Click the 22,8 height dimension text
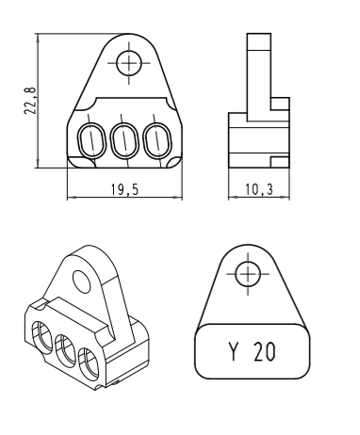point(30,101)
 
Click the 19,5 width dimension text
point(124,189)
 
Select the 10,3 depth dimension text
point(259,189)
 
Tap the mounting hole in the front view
point(129,63)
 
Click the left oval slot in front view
point(92,140)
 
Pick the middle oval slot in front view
point(124,140)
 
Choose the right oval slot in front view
point(157,140)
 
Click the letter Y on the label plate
point(233,351)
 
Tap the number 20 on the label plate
point(265,351)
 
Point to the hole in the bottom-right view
point(248,274)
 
